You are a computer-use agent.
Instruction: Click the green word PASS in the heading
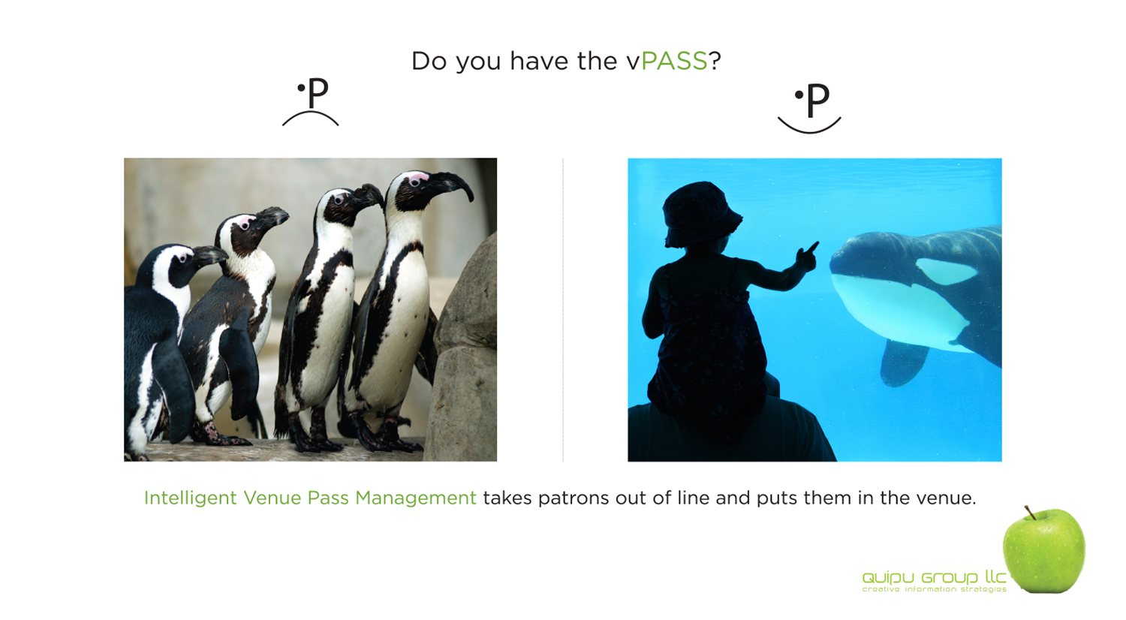(674, 61)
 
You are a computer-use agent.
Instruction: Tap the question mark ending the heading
(715, 61)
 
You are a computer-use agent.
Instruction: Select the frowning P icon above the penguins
(312, 102)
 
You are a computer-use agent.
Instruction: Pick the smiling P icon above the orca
(809, 109)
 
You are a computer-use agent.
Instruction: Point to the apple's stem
(1031, 513)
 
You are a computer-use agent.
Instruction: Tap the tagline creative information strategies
(935, 588)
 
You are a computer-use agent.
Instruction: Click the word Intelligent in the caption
(190, 498)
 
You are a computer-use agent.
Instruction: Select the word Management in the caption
(416, 498)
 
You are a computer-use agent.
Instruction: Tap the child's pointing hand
(807, 255)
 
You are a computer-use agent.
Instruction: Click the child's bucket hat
(700, 215)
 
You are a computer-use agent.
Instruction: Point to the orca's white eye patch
(946, 271)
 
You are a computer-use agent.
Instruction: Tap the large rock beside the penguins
(463, 352)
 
